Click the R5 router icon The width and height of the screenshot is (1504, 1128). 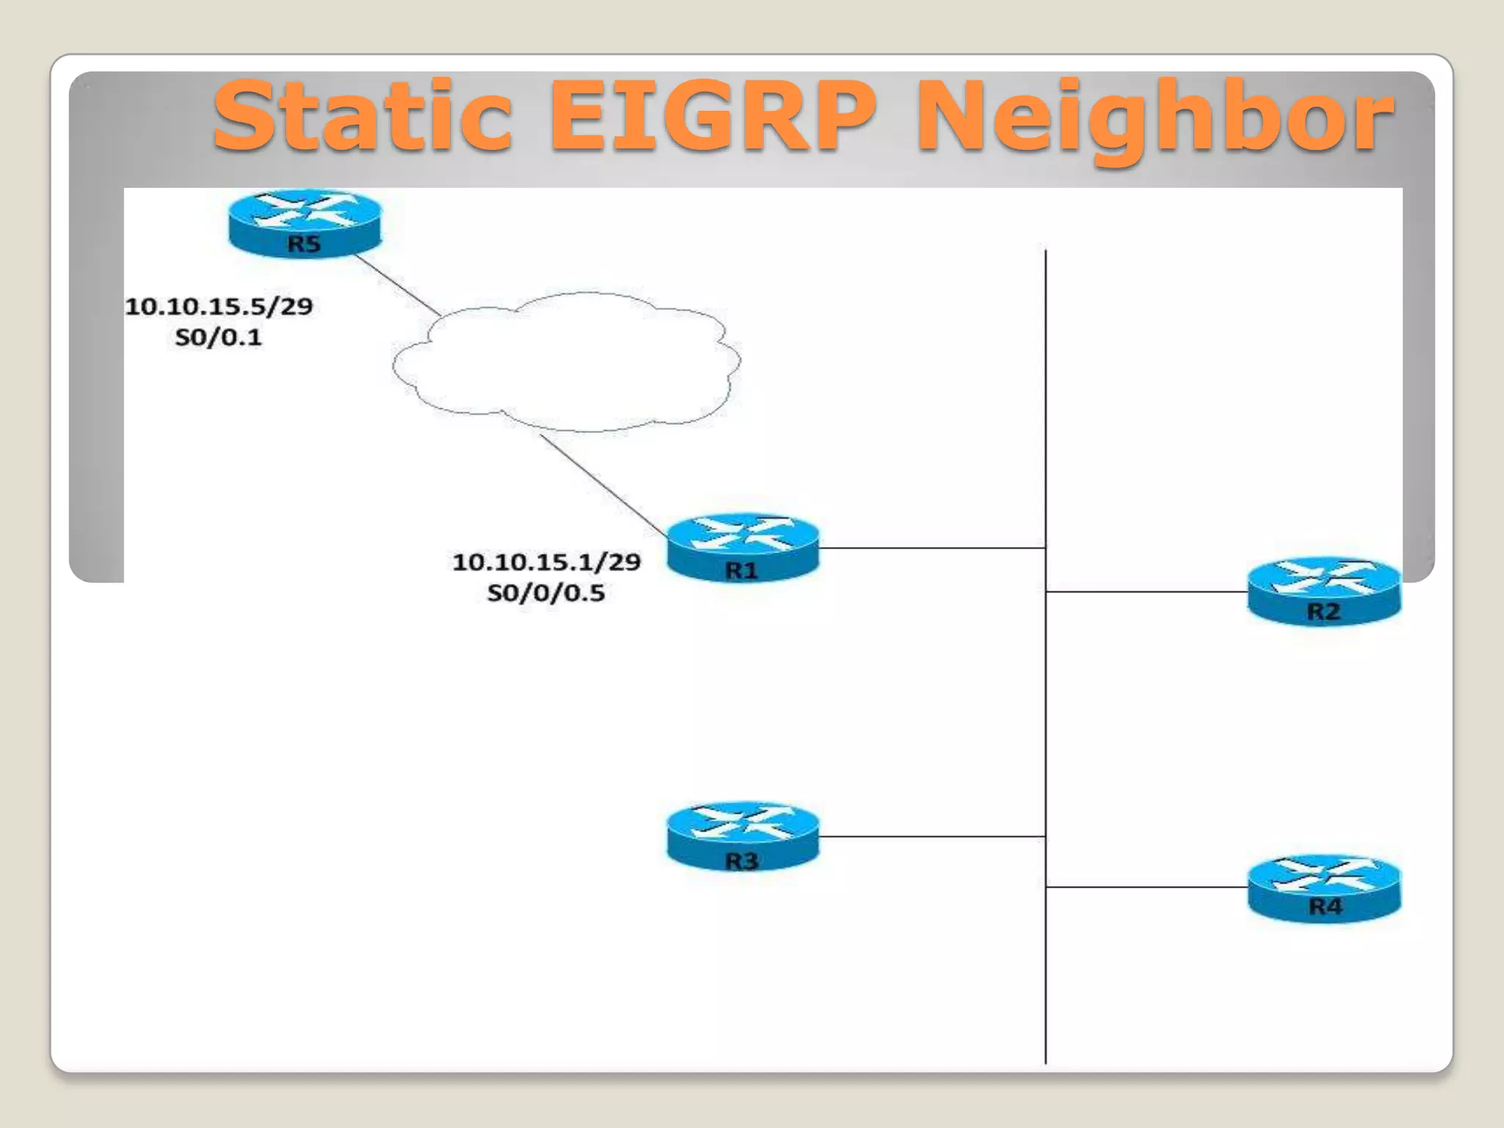(x=304, y=223)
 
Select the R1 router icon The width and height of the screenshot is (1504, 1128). (x=742, y=548)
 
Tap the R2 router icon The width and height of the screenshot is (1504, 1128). (x=1324, y=592)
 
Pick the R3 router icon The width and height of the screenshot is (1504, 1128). (x=742, y=837)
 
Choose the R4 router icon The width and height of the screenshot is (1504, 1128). (x=1324, y=888)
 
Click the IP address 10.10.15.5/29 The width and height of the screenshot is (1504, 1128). (x=219, y=306)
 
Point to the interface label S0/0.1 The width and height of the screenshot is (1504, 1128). (x=218, y=338)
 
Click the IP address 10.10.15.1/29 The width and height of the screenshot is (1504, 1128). (x=546, y=563)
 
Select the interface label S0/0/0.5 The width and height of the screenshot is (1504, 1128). (x=546, y=593)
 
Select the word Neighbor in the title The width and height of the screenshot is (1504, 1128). (x=1154, y=117)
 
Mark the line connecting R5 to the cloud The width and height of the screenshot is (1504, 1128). (x=397, y=285)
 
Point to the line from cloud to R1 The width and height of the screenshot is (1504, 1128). (x=602, y=485)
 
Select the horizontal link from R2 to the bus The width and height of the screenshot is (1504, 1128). (x=1146, y=591)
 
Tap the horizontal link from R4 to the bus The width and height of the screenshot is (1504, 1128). (x=1146, y=887)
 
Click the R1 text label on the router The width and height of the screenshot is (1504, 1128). (x=741, y=571)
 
